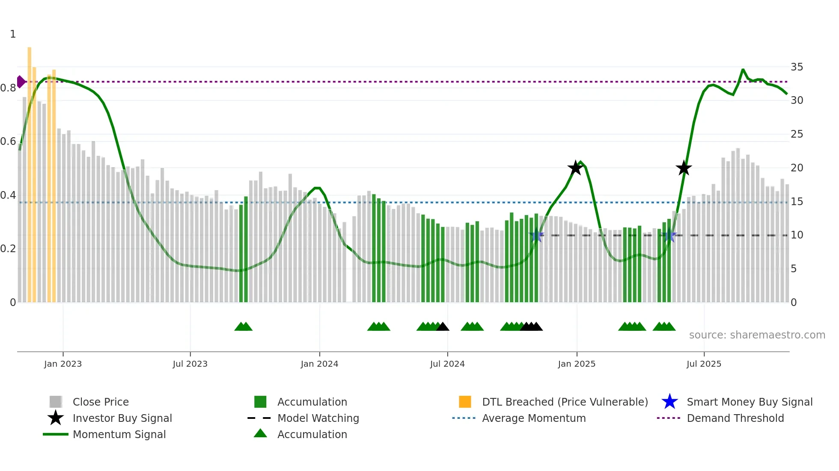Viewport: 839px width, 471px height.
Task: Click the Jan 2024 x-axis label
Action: [x=319, y=364]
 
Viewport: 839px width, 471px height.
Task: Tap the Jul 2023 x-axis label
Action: [x=190, y=364]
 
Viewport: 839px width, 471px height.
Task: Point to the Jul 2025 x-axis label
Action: [x=704, y=364]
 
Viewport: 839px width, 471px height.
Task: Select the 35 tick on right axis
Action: [x=797, y=67]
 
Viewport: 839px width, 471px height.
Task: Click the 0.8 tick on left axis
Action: [x=8, y=88]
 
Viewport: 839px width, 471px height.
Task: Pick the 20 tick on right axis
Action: [x=797, y=168]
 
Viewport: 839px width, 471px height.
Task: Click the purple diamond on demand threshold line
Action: [x=21, y=82]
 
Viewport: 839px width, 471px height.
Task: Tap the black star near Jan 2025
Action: [x=575, y=168]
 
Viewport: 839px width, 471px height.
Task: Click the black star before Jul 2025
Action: [x=684, y=168]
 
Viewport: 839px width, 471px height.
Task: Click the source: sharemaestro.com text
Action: [x=757, y=335]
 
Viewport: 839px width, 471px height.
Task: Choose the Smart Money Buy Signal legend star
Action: [x=669, y=402]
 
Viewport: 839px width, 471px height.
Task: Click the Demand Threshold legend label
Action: [x=735, y=418]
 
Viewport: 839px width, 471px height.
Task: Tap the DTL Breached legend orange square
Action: [x=465, y=402]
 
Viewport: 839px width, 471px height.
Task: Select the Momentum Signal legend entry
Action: [x=119, y=434]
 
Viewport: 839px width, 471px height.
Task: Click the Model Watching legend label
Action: [x=318, y=418]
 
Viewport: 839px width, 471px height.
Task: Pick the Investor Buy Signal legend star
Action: [x=56, y=418]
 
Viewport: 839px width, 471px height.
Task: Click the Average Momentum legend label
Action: [x=534, y=418]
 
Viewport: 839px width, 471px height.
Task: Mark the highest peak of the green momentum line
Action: [x=743, y=70]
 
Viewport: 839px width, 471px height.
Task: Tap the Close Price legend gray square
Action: [x=56, y=402]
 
